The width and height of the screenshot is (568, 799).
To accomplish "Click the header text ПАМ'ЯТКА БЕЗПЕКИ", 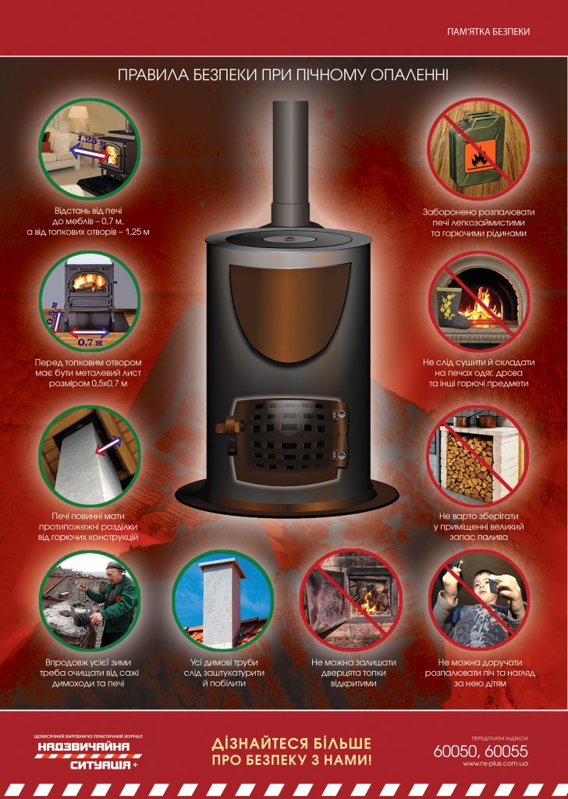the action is pyautogui.click(x=488, y=31).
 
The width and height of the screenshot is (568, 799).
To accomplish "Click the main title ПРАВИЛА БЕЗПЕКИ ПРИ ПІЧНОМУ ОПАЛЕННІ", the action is pyautogui.click(x=283, y=75).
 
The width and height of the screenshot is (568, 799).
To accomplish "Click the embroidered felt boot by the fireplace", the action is pyautogui.click(x=452, y=307).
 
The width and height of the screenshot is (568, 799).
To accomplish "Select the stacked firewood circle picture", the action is pyautogui.click(x=478, y=455).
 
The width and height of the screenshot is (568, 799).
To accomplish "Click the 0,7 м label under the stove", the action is pyautogui.click(x=90, y=343).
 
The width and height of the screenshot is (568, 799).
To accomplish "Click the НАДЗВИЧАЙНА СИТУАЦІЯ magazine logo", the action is pyautogui.click(x=87, y=753).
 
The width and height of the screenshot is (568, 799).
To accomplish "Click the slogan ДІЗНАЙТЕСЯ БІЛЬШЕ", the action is pyautogui.click(x=291, y=744).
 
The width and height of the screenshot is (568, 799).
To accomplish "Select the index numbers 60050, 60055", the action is pyautogui.click(x=481, y=751).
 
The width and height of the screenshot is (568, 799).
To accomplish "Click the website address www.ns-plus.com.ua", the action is pyautogui.click(x=495, y=763).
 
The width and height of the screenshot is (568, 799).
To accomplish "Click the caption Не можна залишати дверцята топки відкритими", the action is pyautogui.click(x=353, y=673).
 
